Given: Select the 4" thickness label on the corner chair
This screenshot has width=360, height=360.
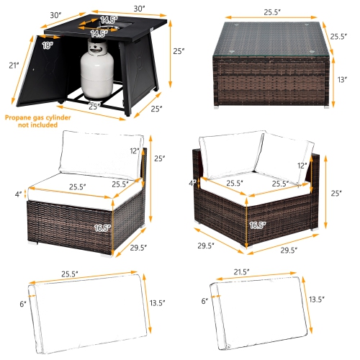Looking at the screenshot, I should click(x=192, y=183).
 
